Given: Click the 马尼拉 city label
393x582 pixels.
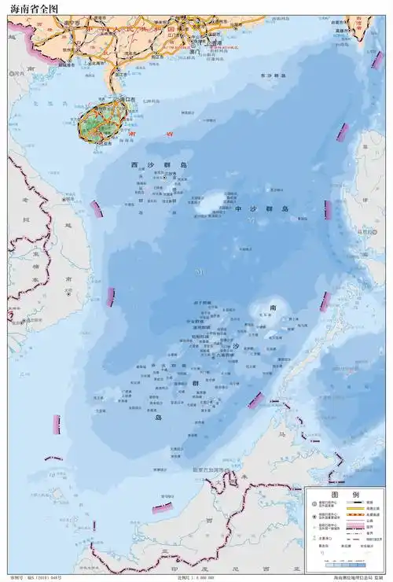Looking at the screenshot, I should tap(364, 233).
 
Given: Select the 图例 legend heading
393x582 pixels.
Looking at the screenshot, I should tap(345, 494).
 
